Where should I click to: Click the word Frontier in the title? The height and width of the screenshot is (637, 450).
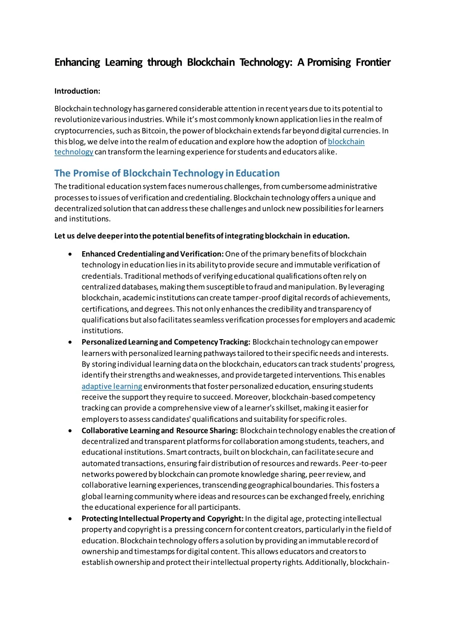(373, 62)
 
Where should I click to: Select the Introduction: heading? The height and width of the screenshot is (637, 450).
(77, 91)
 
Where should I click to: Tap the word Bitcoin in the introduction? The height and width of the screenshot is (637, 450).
(154, 131)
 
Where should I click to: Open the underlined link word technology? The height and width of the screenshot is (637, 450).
(74, 152)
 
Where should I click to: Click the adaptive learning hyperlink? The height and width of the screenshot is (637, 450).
(112, 386)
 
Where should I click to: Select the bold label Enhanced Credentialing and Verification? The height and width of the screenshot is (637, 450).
(152, 254)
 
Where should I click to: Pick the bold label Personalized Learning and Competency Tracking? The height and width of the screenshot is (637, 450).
(166, 342)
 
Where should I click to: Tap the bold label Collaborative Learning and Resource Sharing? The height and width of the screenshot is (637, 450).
(160, 431)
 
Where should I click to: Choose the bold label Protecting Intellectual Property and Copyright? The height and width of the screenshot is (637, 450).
(162, 519)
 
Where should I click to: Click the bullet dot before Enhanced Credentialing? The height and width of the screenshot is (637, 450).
(70, 254)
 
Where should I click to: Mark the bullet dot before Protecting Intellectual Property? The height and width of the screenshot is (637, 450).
(70, 519)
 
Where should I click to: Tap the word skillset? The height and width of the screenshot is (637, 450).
(290, 408)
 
